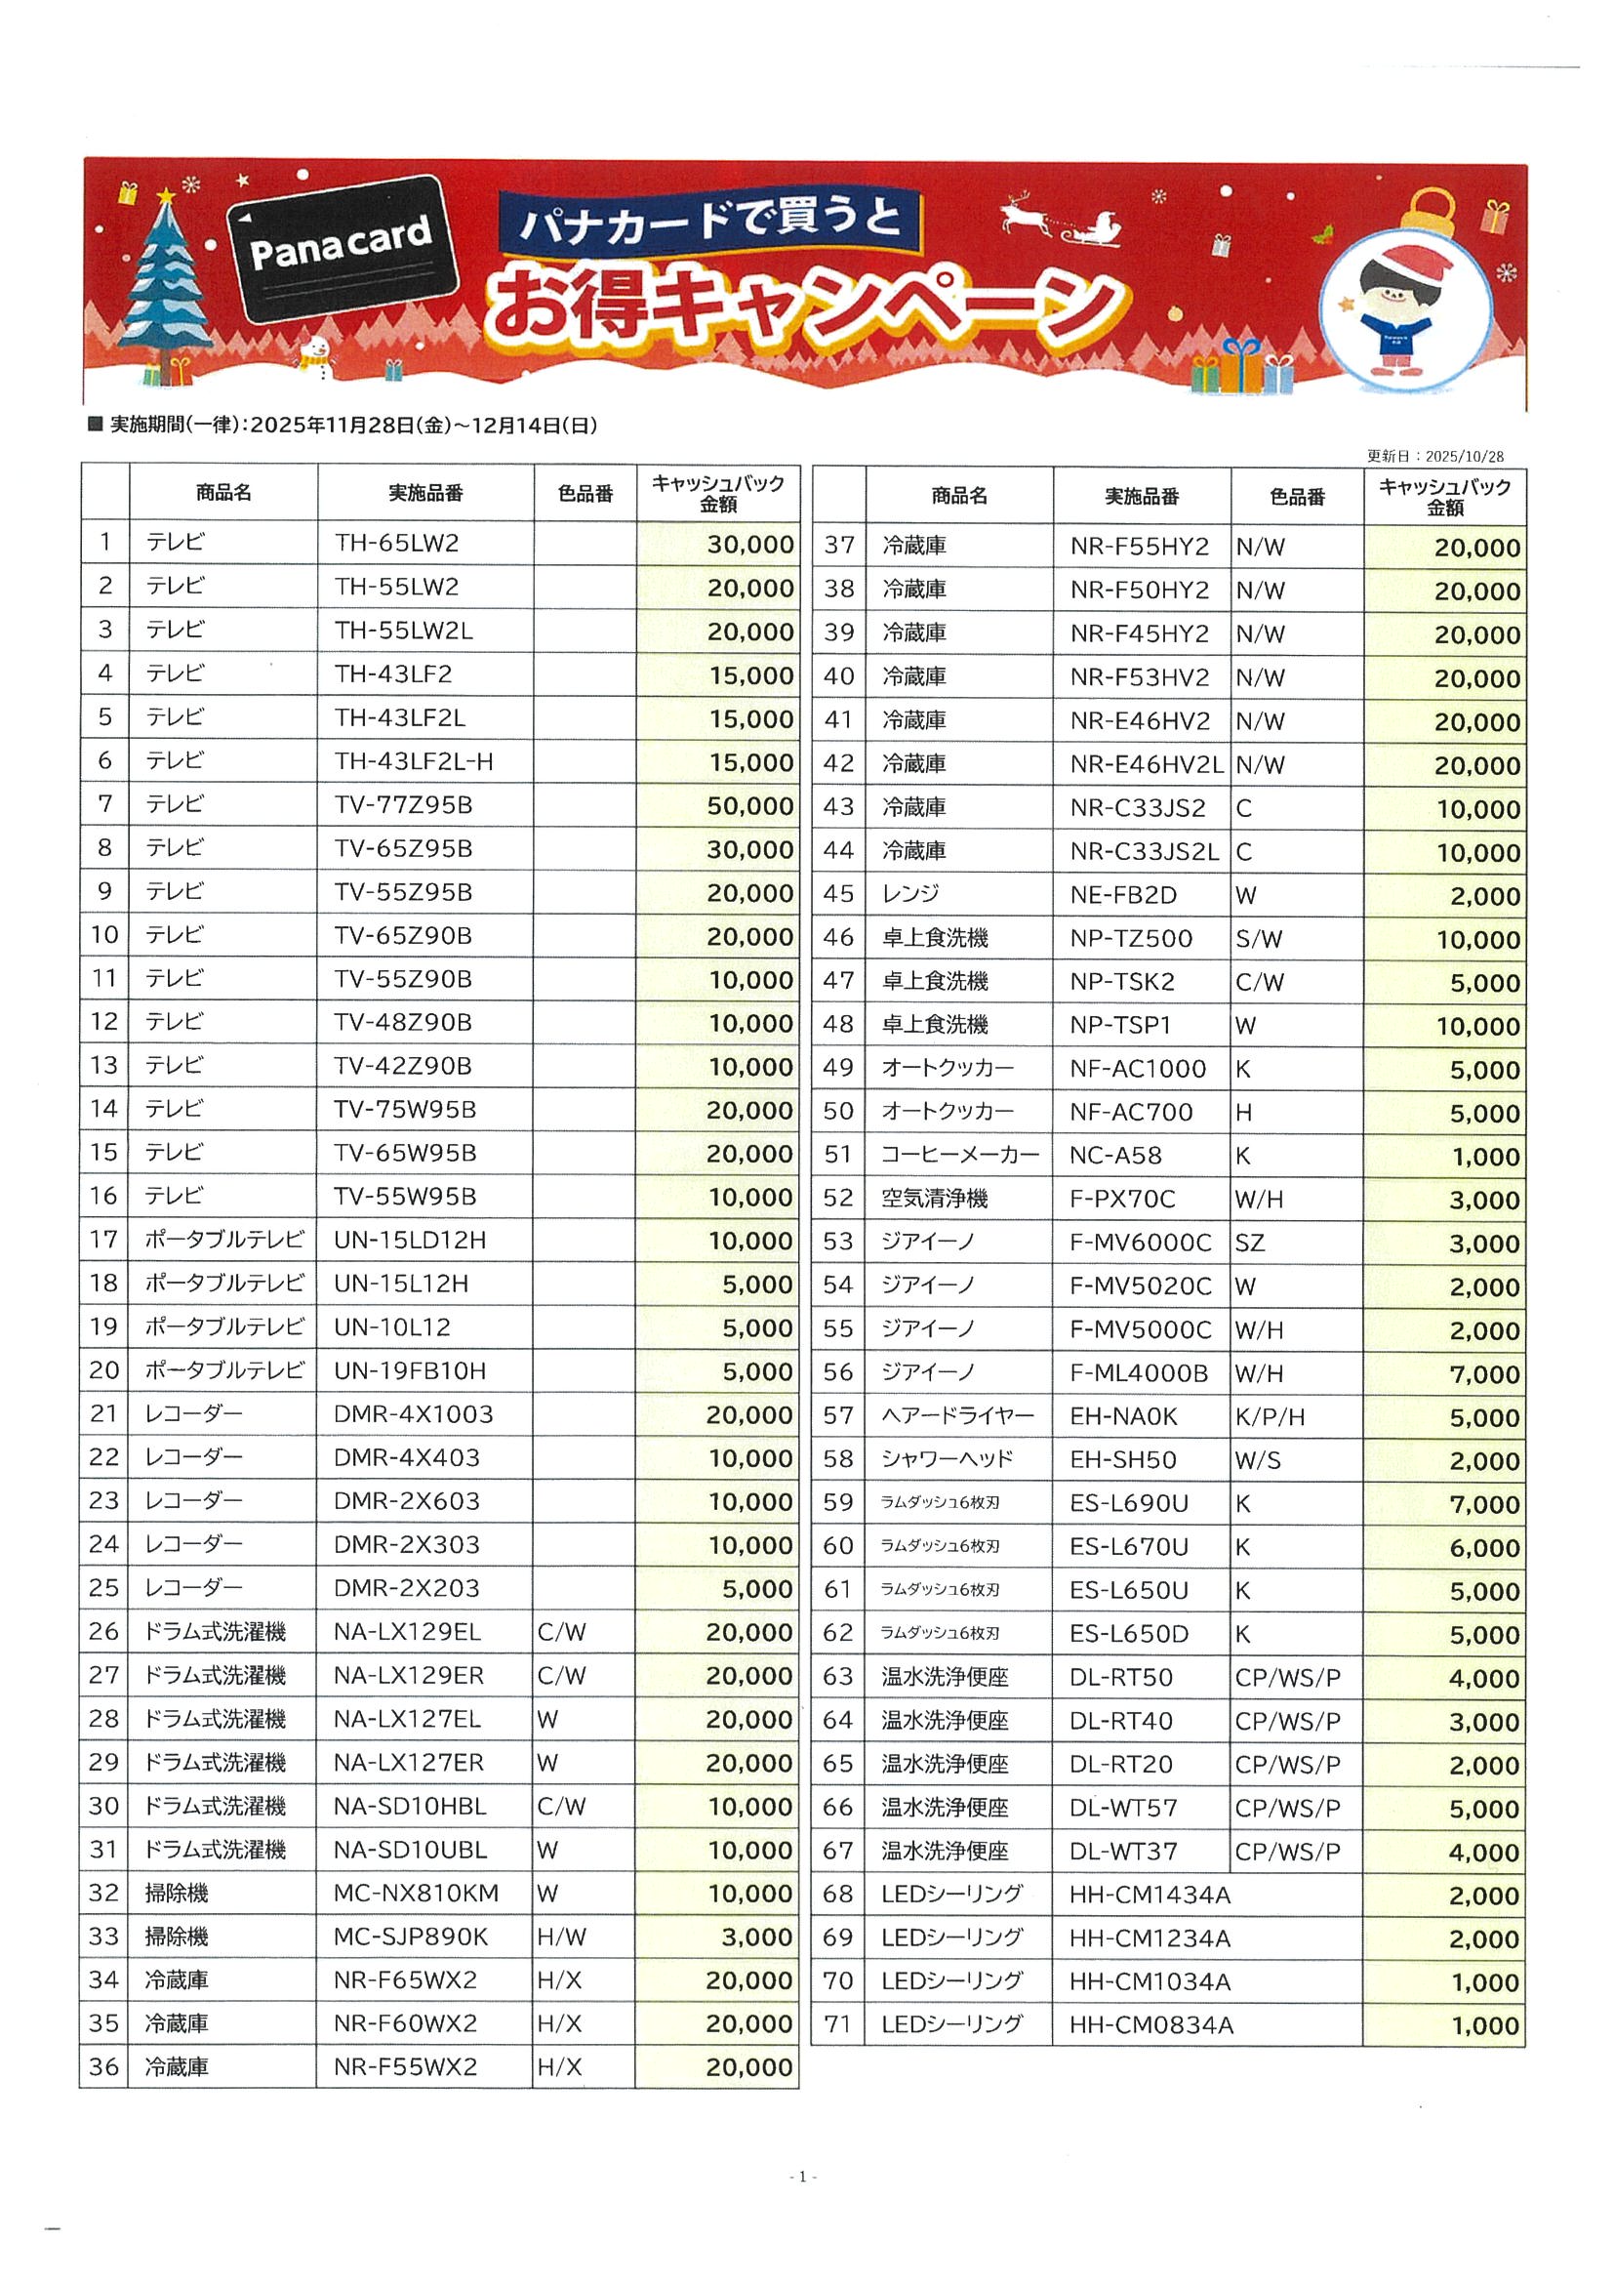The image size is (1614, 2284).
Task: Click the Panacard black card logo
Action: coord(342,248)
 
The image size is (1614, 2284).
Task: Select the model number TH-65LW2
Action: coord(397,543)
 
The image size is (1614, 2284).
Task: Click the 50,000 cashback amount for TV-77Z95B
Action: coord(749,806)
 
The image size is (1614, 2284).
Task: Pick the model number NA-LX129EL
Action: coord(408,1632)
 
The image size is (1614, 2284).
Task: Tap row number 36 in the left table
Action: coord(103,2067)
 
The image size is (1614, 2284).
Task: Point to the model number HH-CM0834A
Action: coord(1150,2025)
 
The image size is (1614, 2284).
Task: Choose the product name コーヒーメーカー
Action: coord(959,1155)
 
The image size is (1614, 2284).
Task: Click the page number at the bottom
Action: coord(802,2177)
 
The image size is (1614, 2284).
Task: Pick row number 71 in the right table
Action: coord(837,2024)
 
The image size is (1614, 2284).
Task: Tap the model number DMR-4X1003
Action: coord(414,1413)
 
